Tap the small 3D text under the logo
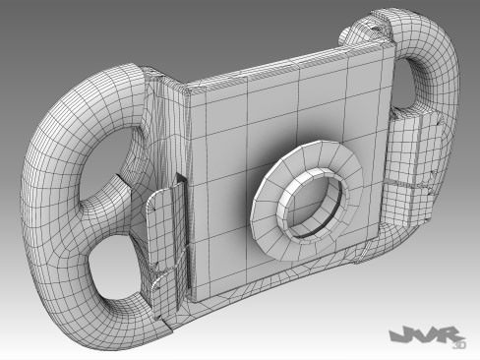pos(455,345)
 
